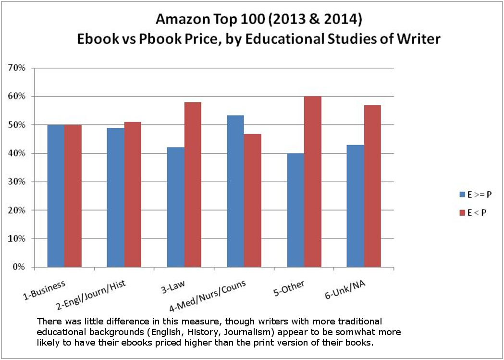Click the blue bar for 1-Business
tap(56, 196)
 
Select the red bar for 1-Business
tap(73, 196)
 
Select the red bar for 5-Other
tap(312, 182)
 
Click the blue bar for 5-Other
tap(295, 210)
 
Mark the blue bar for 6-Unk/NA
tap(355, 206)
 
